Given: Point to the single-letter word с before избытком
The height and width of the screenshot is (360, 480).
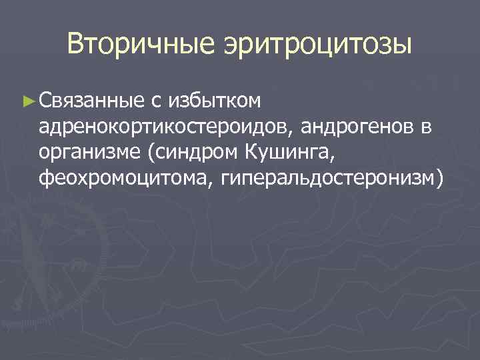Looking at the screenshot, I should coord(155,101).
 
